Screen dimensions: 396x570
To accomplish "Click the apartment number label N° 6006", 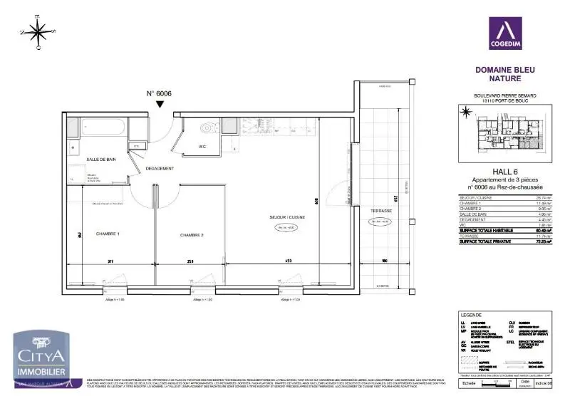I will (159, 93).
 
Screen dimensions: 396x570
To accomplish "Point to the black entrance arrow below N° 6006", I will (160, 105).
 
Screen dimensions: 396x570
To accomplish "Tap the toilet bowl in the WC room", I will (207, 129).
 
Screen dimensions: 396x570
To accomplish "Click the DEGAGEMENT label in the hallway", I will (160, 168).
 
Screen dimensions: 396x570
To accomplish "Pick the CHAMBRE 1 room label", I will (108, 234).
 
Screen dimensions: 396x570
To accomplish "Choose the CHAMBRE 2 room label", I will (192, 235).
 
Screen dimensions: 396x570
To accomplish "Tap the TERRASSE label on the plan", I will (381, 212).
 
